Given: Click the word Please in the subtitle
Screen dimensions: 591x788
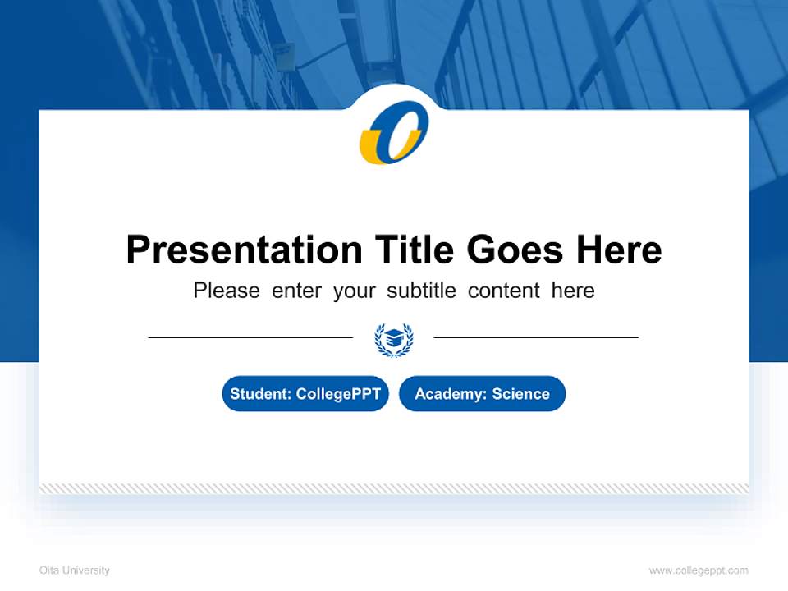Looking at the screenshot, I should [x=227, y=291].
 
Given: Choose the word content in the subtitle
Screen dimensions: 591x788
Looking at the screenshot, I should [x=504, y=291].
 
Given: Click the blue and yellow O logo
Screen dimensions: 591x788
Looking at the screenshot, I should [x=394, y=131].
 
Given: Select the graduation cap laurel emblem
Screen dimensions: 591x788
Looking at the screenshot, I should [x=394, y=338].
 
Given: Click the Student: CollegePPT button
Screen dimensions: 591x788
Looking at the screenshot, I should [x=305, y=394].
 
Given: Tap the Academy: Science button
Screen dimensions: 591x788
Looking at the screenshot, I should [x=482, y=394].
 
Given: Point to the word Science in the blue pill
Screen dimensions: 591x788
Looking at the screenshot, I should [x=520, y=394].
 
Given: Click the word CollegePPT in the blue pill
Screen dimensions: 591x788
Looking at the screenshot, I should [x=338, y=394].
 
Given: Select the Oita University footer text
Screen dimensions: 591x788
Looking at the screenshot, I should [x=75, y=570].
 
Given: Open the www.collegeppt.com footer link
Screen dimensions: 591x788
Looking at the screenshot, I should [x=699, y=570].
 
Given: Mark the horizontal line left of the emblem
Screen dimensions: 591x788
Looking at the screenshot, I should [x=250, y=337].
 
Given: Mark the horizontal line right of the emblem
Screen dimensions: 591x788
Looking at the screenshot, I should [x=536, y=337].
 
